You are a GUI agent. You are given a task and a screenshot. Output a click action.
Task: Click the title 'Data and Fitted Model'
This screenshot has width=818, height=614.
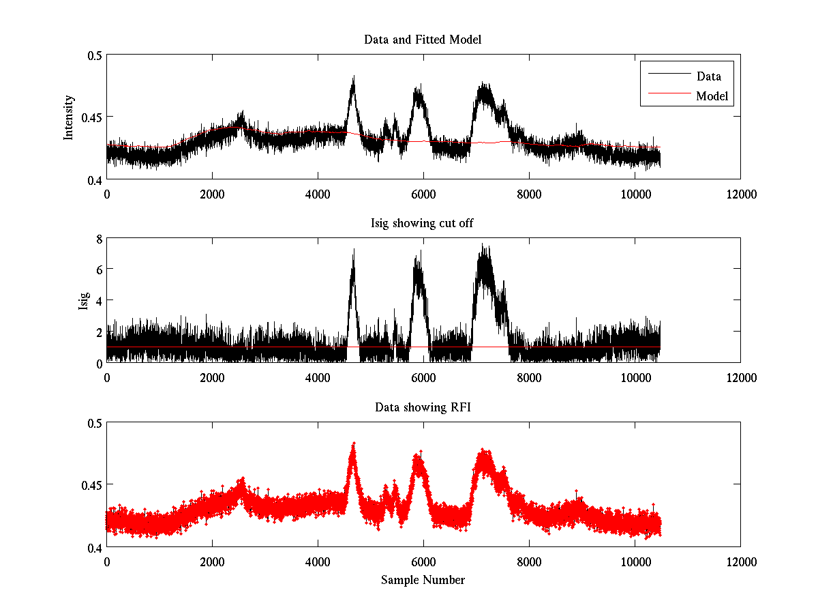[423, 40]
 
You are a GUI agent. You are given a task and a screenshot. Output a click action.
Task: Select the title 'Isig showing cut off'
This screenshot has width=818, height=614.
[423, 224]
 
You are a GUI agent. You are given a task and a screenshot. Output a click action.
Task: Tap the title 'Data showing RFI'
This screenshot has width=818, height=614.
[423, 407]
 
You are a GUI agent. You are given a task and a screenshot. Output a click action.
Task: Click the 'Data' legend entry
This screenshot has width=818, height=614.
[708, 76]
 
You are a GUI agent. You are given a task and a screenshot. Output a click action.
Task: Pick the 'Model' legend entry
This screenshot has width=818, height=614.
[712, 96]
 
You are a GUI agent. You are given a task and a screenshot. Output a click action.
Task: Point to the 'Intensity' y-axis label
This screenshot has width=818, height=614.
[68, 117]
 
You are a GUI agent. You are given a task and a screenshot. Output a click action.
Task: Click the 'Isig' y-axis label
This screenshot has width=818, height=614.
[83, 301]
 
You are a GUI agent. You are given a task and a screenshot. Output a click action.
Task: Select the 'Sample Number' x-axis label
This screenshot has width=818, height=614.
[423, 580]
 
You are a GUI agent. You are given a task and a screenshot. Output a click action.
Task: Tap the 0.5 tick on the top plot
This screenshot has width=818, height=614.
[92, 55]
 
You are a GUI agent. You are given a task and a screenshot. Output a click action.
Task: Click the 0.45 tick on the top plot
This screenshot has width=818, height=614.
[89, 117]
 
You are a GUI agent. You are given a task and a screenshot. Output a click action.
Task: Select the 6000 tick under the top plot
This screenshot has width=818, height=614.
[423, 194]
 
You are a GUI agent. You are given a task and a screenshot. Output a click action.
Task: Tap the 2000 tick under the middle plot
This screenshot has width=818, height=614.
[212, 377]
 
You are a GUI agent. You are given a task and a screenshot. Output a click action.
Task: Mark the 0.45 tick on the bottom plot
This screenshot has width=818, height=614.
[89, 485]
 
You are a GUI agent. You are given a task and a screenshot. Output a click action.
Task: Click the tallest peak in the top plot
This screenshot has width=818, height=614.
[353, 77]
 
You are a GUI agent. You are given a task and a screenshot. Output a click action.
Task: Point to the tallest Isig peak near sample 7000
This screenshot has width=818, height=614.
[482, 245]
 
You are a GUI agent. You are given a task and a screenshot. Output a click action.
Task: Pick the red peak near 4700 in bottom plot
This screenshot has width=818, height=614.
[353, 444]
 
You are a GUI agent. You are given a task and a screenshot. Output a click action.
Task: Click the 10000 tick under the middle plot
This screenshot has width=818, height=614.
[635, 377]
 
